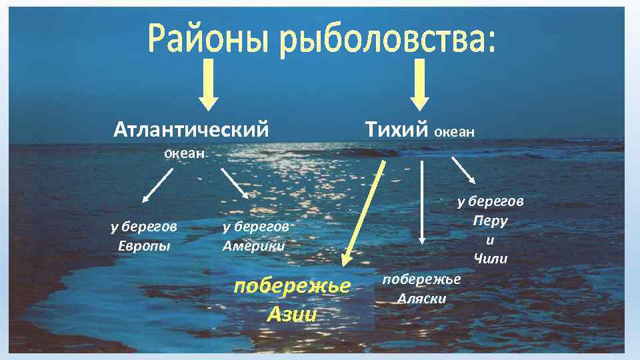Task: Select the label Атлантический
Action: (x=191, y=128)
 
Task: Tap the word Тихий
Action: (x=396, y=128)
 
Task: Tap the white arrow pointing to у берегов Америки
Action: (x=234, y=183)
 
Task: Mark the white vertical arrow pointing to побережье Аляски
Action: (x=421, y=203)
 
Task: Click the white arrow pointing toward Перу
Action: (x=463, y=170)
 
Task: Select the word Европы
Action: (x=144, y=245)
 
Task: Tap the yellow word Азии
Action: (x=291, y=313)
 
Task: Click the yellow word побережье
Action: (x=292, y=286)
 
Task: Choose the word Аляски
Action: (x=422, y=298)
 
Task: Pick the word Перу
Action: (x=490, y=220)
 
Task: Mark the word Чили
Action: (x=491, y=258)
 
